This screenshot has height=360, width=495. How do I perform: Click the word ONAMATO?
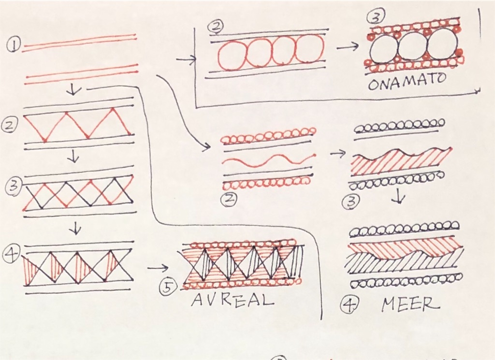click(x=407, y=81)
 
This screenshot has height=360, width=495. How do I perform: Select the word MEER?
click(x=410, y=304)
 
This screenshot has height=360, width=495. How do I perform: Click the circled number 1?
click(x=14, y=45)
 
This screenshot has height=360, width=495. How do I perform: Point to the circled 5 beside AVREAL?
click(x=168, y=287)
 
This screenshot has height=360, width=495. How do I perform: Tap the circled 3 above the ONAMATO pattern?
click(x=375, y=18)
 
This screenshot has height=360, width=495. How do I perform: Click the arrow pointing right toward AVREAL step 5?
click(x=158, y=268)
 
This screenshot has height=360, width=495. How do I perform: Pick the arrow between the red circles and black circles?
click(x=348, y=47)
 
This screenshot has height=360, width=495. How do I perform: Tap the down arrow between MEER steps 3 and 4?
click(x=399, y=197)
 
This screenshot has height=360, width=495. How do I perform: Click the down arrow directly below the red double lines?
click(x=74, y=90)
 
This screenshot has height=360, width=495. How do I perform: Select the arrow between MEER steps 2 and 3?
click(x=337, y=153)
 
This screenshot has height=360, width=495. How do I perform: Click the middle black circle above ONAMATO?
click(x=413, y=46)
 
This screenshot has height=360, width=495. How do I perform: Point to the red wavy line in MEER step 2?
click(x=269, y=160)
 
